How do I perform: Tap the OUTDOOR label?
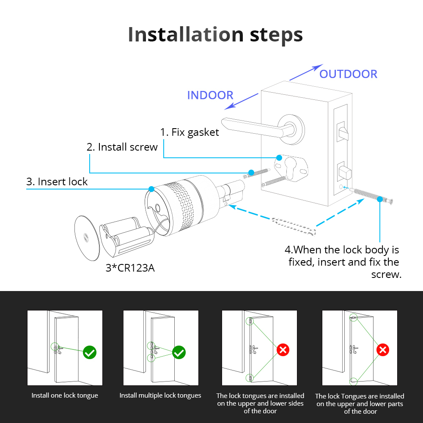(348, 74)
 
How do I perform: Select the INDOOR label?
(210, 95)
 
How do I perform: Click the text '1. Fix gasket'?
(190, 132)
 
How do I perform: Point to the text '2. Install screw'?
(122, 147)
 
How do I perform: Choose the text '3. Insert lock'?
(57, 182)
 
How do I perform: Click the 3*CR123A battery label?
(130, 268)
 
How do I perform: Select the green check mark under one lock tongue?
(90, 352)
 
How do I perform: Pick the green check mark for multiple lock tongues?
(179, 352)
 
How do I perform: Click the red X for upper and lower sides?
(283, 350)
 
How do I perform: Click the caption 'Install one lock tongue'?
(65, 396)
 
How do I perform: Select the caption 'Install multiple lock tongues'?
(160, 396)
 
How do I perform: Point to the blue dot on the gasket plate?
(279, 157)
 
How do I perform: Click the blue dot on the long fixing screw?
(380, 199)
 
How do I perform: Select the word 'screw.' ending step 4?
(386, 274)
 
